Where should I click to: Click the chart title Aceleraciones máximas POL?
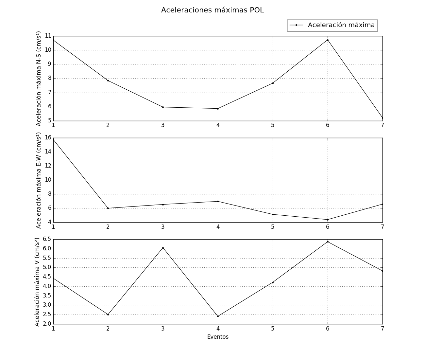click(x=212, y=10)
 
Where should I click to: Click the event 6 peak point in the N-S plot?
click(x=328, y=40)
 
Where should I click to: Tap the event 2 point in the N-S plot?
click(x=108, y=81)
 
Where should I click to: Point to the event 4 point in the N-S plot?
click(x=218, y=109)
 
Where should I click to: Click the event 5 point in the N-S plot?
click(x=273, y=83)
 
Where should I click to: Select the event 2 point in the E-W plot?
click(x=108, y=208)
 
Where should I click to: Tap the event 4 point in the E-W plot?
click(x=218, y=201)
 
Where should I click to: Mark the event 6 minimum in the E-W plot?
click(x=328, y=220)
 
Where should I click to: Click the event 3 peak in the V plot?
click(x=163, y=248)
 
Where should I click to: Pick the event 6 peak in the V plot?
click(x=328, y=242)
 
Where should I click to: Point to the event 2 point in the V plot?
click(x=108, y=315)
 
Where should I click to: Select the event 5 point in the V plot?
click(x=273, y=282)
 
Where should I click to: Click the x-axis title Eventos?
click(x=218, y=337)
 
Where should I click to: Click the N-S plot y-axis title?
click(x=39, y=79)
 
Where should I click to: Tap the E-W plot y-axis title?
click(x=39, y=180)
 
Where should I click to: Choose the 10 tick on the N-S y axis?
click(x=48, y=50)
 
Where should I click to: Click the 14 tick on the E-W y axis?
click(x=48, y=152)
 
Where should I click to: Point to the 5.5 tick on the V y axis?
click(x=47, y=258)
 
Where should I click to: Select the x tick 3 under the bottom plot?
click(x=163, y=328)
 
